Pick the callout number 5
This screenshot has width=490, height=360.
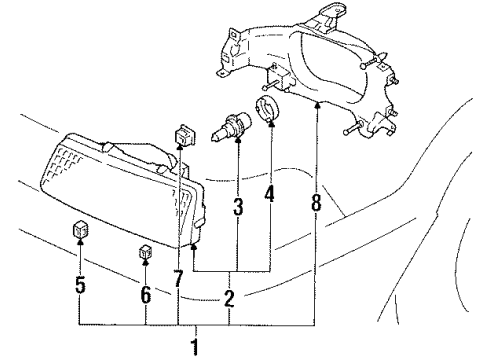pos(81,285)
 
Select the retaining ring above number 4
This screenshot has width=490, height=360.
pos(267,113)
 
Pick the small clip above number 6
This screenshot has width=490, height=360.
pos(145,253)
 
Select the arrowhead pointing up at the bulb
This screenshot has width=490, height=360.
pos(237,145)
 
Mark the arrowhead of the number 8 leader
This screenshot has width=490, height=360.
pos(316,104)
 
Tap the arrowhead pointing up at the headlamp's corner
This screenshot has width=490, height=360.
pos(192,250)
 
